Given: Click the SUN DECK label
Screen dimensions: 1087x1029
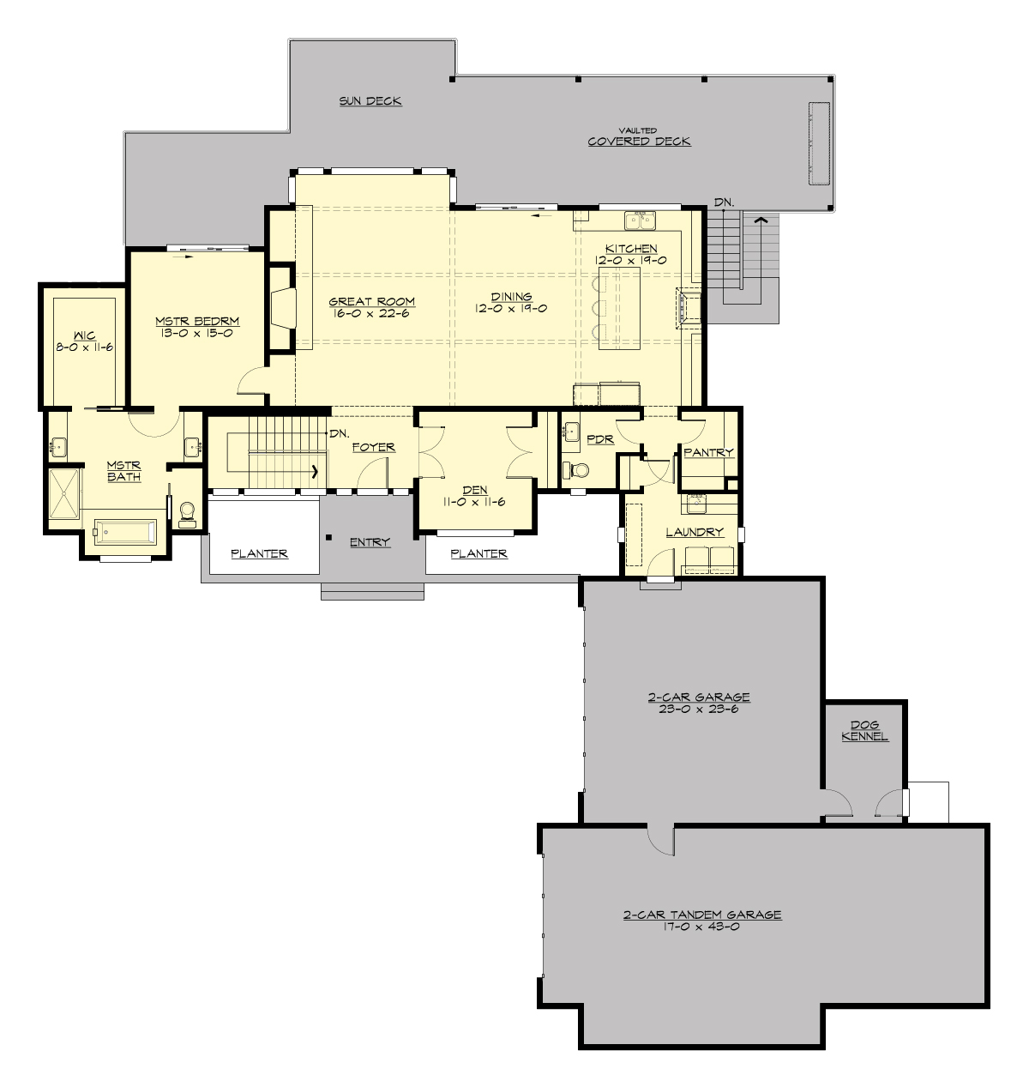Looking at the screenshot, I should coord(370,100).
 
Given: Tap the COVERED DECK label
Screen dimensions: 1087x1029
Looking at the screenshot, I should coord(639,142).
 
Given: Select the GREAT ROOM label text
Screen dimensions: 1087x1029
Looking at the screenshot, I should coord(372,301).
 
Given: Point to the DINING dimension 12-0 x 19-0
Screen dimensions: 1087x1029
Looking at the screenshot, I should coord(511,308).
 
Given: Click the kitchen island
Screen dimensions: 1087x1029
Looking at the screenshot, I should coord(619,306).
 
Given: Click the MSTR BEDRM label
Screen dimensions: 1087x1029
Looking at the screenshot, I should coord(197,321).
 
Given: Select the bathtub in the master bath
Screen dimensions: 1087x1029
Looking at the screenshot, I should coord(124,532).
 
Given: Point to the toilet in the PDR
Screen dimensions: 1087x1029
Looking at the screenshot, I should coord(579,470).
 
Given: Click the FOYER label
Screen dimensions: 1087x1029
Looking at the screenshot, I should coord(373,447).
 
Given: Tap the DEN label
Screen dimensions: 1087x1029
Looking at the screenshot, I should coord(474,490).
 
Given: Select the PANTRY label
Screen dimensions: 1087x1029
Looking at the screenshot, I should coord(708,452).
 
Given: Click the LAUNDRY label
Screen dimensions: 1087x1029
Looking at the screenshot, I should coord(695,532).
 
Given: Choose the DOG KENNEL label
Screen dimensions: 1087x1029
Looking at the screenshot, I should coord(864,731).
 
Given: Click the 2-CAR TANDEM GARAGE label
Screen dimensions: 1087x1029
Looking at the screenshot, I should coord(701,915).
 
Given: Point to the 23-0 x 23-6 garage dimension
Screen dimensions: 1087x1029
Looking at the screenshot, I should coord(699,710).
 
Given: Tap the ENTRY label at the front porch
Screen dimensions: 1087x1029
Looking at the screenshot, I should coord(370,542).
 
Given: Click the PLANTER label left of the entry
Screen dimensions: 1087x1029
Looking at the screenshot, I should coord(259,553).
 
